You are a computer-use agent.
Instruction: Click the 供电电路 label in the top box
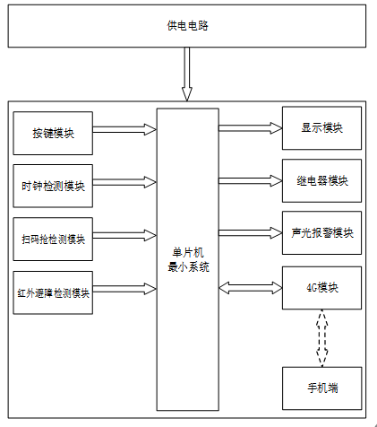coord(187,26)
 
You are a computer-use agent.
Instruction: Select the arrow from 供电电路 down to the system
coord(187,74)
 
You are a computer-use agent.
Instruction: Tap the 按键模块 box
coord(53,134)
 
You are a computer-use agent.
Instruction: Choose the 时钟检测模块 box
coord(53,186)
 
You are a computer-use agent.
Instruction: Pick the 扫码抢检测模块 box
coord(53,240)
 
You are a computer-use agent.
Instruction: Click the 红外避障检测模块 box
coord(53,292)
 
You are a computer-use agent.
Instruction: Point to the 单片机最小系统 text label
coord(188,259)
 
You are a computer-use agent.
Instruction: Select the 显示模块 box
coord(321,128)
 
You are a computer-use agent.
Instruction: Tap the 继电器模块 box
coord(321,180)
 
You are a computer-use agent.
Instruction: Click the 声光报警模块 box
coord(321,233)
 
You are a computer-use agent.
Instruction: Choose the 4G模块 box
coord(321,288)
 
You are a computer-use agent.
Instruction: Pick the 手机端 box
coord(322,388)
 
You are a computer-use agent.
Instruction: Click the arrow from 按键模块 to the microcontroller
coord(124,129)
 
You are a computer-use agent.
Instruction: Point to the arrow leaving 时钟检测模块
coord(124,182)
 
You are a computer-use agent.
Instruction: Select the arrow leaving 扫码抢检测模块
coord(124,235)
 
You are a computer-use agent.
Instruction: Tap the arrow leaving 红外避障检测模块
coord(124,289)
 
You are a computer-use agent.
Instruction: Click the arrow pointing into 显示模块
coord(251,128)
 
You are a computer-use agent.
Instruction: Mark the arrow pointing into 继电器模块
coord(251,180)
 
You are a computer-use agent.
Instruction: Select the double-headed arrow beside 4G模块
coord(251,288)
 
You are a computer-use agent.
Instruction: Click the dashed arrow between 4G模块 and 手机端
coord(322,338)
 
